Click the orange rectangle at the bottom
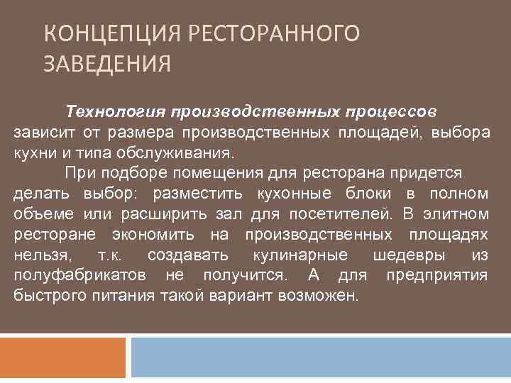pyautogui.click(x=62, y=357)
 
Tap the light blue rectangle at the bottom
pyautogui.click(x=320, y=357)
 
